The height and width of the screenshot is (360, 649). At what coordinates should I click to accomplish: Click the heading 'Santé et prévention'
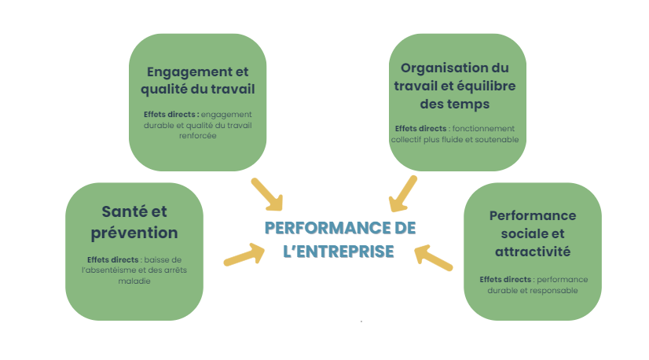coord(134,222)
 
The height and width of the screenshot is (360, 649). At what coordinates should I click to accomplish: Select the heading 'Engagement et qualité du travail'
coord(197,79)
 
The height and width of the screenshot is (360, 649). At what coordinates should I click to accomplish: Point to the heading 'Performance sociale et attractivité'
coord(532,233)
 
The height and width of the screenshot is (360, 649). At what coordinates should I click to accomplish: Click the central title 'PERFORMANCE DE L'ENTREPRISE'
coord(339,239)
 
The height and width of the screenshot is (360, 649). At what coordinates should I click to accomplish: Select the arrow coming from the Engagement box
coord(266,193)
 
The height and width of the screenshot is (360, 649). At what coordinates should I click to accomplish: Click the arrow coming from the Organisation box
coord(404,193)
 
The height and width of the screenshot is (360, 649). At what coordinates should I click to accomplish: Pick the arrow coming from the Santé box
coord(244,255)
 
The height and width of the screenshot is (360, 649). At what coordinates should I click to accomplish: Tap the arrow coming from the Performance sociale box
coord(433,257)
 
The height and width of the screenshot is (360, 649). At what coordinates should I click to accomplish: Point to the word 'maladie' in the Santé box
coord(134,280)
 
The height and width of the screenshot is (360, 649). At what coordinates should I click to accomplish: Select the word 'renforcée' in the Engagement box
coord(197,135)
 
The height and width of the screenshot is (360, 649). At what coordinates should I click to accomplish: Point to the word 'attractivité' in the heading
coord(532,252)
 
